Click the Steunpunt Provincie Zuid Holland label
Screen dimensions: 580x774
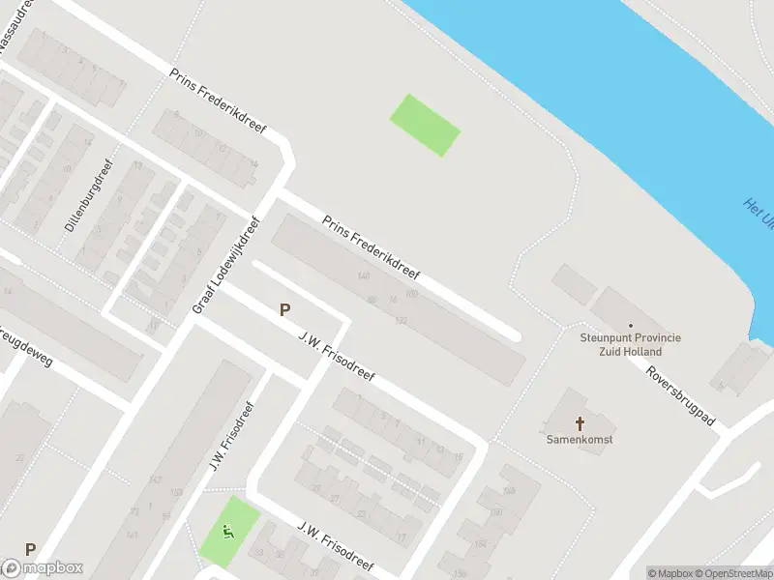(x=631, y=344)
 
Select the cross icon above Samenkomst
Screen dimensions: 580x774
(x=580, y=422)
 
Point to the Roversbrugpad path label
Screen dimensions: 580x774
(x=680, y=396)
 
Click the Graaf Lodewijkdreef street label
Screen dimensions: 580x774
(x=226, y=264)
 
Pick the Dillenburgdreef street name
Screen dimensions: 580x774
(x=89, y=195)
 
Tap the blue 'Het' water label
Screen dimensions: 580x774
(x=758, y=212)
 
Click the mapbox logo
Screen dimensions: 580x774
(x=43, y=568)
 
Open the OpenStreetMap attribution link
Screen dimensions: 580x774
(x=731, y=573)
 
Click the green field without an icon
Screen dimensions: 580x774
(x=425, y=125)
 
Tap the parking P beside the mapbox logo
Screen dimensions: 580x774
(x=30, y=549)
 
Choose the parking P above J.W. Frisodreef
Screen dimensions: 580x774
(x=284, y=309)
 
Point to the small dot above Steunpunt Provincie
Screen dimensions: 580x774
(x=631, y=326)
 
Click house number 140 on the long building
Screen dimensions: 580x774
(x=364, y=277)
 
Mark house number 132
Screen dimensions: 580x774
(x=401, y=320)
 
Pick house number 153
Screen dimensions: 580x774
(x=175, y=492)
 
